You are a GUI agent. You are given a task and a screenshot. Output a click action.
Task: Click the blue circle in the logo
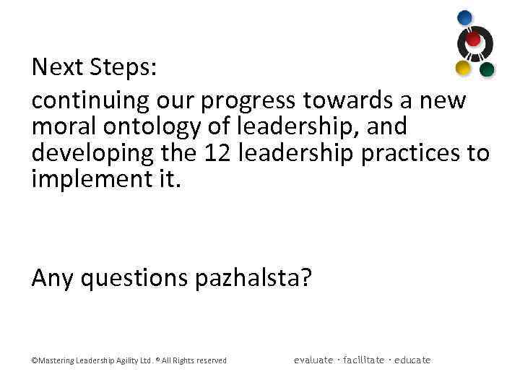(x=465, y=17)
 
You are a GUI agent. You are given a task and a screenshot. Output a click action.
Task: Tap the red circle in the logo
(x=474, y=39)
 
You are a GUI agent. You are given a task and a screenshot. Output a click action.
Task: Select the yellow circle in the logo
(x=463, y=68)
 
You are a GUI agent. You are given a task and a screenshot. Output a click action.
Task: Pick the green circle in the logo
(x=487, y=69)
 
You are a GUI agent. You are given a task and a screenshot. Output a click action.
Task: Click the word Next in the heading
(x=58, y=68)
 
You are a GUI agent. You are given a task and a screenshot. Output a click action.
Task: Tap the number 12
(x=218, y=153)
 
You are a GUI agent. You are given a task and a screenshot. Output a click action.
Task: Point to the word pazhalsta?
(x=253, y=278)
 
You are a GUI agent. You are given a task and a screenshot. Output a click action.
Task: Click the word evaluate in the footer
(x=313, y=360)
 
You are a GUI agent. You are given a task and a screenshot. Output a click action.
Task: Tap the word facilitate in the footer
(x=364, y=360)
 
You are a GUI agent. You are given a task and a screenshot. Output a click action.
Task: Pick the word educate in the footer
(x=412, y=360)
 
